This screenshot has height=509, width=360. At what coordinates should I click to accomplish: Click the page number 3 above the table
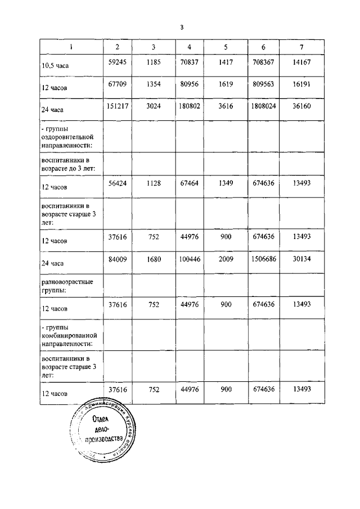(x=182, y=27)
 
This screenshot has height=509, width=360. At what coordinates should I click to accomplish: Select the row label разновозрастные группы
(x=67, y=285)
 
